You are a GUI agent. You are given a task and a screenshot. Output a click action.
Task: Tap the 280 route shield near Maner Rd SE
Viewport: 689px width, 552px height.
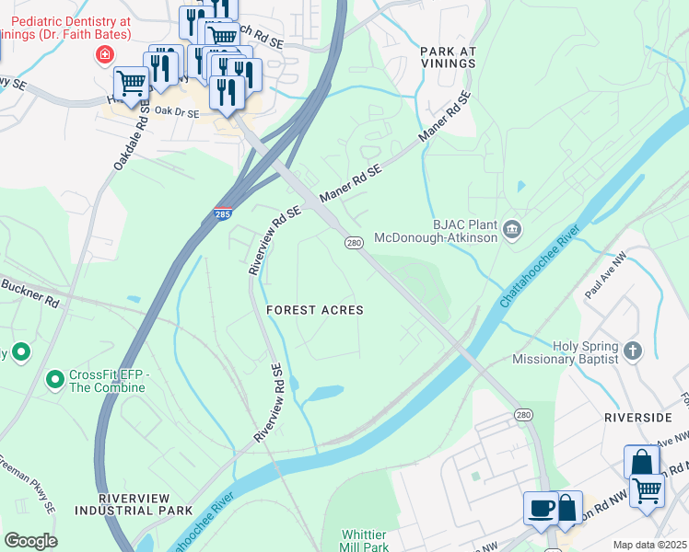tap(354, 243)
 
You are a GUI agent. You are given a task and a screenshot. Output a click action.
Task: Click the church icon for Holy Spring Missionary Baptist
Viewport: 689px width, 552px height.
tap(632, 350)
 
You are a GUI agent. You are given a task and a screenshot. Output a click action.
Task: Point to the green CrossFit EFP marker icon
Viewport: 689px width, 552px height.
tap(54, 378)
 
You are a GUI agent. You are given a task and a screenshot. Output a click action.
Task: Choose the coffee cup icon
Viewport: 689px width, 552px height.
tap(540, 507)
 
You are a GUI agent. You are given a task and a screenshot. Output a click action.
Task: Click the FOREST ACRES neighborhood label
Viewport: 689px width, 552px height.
tap(314, 310)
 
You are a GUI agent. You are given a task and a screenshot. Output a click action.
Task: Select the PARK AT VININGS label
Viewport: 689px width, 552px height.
tap(448, 57)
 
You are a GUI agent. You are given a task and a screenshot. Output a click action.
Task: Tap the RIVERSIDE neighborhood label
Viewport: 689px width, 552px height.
tap(637, 418)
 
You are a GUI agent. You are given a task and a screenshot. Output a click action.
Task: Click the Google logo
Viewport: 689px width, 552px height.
tap(30, 540)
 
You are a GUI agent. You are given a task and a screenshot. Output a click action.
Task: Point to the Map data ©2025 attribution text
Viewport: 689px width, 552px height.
tap(648, 545)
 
